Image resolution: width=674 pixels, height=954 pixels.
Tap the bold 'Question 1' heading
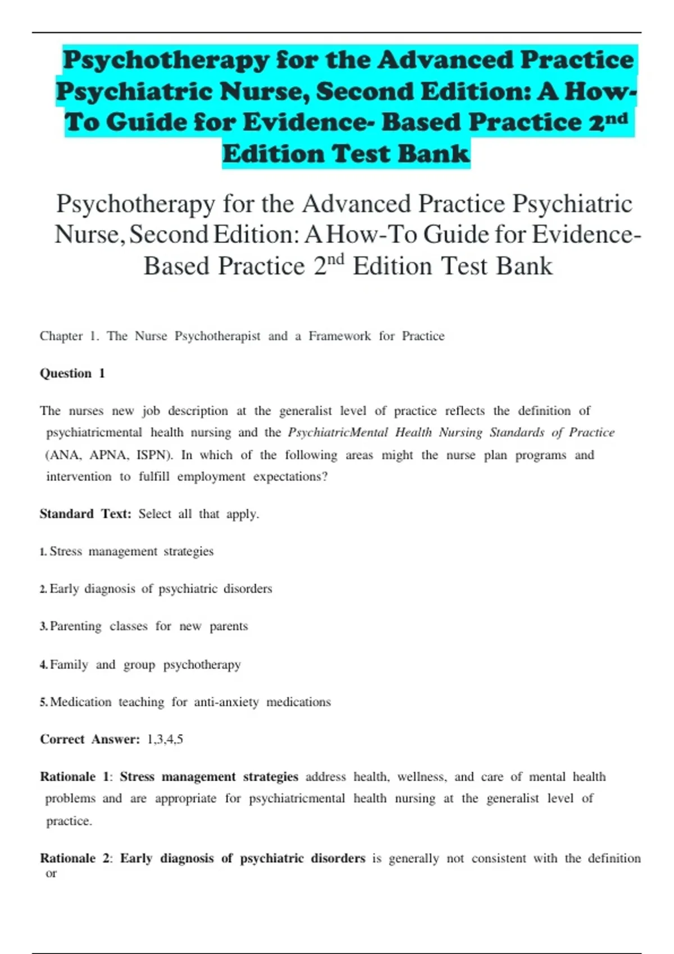[72, 374]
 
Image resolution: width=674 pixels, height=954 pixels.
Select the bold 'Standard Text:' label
[85, 514]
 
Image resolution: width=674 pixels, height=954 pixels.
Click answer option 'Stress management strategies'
[131, 552]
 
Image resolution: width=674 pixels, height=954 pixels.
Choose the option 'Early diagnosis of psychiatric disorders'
[161, 589]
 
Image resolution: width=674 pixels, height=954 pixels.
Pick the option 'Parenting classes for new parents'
[149, 626]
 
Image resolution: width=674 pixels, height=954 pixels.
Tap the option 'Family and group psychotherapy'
[145, 665]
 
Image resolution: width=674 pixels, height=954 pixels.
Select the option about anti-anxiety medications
[190, 702]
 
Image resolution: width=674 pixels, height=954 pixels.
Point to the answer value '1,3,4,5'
[165, 740]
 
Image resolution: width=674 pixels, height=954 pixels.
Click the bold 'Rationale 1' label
[75, 777]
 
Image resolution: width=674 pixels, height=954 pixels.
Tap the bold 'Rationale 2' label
[75, 859]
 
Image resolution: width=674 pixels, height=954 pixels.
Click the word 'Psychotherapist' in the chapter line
[217, 336]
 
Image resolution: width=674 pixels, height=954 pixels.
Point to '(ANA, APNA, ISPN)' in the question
[109, 455]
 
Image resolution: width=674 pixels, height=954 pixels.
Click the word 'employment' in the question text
[211, 477]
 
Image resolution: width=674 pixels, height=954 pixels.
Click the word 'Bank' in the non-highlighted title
[525, 266]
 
